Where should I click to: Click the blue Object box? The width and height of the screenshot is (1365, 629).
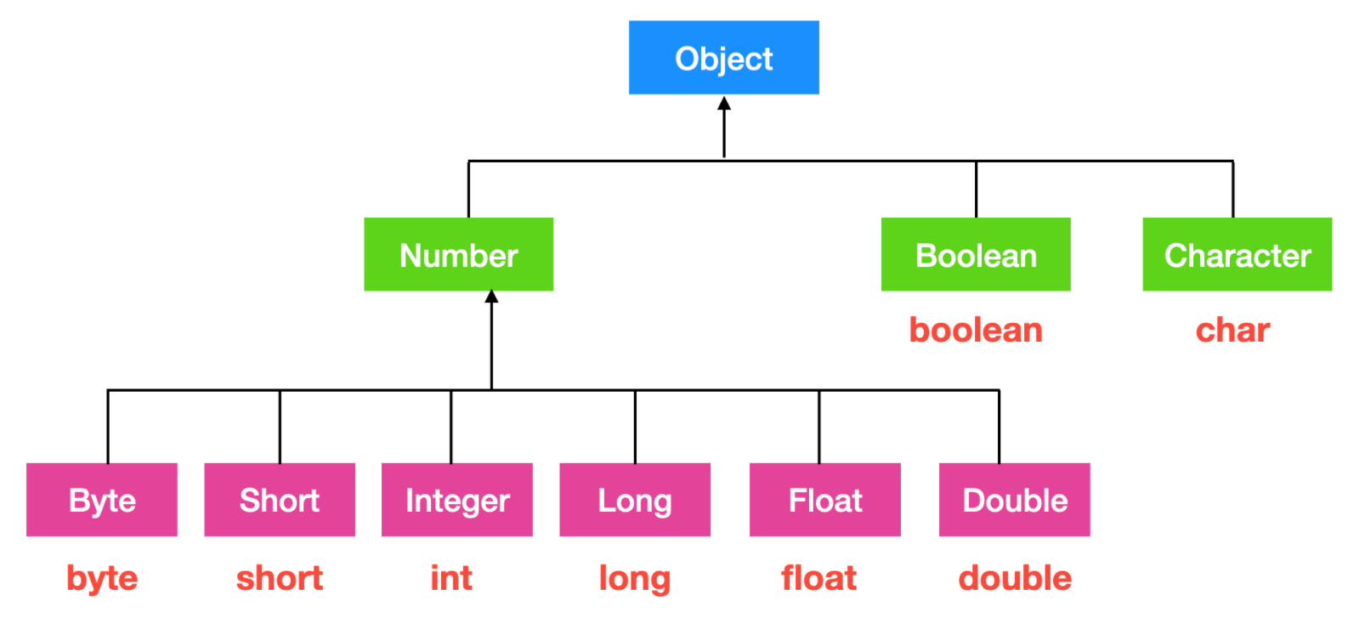point(723,58)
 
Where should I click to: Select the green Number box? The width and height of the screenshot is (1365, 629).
point(458,255)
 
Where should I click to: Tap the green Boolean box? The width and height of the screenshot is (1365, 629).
point(975,255)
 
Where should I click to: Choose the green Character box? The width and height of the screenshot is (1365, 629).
point(1237,255)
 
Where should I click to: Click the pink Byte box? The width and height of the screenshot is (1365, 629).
point(102,500)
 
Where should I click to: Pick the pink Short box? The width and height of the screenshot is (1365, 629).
point(280,500)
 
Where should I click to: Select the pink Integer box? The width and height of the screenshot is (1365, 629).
point(457,500)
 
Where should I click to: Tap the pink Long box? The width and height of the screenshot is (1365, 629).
point(635,500)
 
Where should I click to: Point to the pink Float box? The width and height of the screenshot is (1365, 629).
point(824,500)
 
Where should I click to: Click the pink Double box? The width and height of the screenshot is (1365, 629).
point(1014,500)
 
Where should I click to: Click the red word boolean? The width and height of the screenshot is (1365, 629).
point(976,330)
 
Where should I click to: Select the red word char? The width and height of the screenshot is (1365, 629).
point(1232,330)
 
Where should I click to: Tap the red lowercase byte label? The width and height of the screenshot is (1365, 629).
point(102,579)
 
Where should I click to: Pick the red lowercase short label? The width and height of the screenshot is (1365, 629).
point(280,578)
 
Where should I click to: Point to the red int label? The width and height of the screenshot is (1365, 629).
point(451,578)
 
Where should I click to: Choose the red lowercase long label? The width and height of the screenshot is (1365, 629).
point(635,579)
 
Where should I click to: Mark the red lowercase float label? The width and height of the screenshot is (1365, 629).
point(818,578)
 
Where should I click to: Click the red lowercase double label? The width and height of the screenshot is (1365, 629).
point(1015,578)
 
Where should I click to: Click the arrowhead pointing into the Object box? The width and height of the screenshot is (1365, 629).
point(724,104)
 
